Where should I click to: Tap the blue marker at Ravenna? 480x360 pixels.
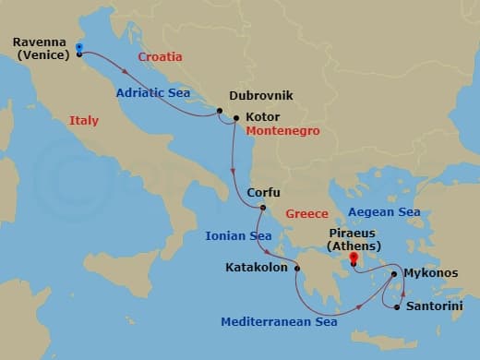point(79,47)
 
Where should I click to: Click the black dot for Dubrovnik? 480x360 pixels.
point(220,111)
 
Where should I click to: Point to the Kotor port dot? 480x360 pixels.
point(237,117)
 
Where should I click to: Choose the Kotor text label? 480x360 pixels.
point(263,117)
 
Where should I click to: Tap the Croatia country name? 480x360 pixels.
point(160,57)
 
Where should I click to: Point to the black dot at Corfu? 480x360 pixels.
point(262,207)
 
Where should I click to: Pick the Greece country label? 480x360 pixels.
point(306,213)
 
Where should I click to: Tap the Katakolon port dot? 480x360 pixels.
point(297,268)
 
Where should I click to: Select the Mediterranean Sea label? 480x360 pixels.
point(279,321)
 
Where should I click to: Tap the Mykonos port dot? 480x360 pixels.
point(394,273)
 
